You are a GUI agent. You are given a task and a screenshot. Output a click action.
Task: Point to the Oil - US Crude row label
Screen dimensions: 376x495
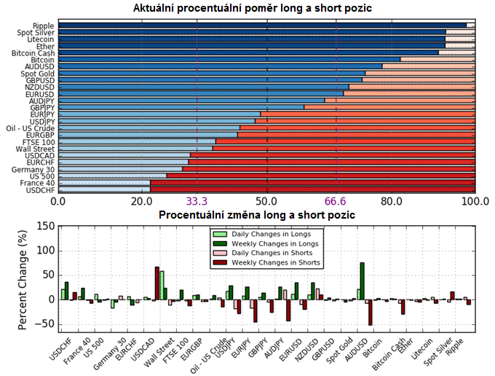point(30,128)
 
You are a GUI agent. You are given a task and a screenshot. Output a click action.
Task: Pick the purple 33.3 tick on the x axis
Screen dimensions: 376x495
point(197,202)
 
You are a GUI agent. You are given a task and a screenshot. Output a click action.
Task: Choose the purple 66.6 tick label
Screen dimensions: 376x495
point(336,202)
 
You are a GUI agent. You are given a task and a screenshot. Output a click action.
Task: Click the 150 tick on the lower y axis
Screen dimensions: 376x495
point(45,227)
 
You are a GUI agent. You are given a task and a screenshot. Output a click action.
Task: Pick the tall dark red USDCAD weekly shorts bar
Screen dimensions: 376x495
point(157,283)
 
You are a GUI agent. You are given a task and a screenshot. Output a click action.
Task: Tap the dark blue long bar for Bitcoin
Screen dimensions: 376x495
point(229,59)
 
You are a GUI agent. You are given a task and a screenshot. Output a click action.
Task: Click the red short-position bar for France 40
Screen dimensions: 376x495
point(313,183)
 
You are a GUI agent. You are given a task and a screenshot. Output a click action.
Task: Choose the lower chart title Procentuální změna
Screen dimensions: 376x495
point(256,216)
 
